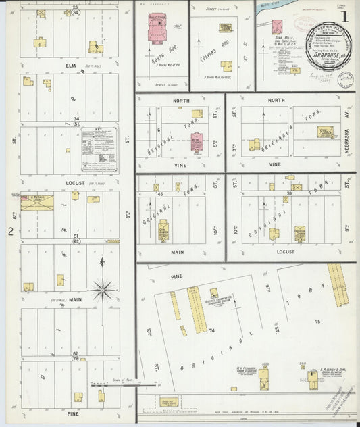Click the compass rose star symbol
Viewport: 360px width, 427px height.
[103, 291]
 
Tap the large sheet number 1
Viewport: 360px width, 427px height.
[345, 16]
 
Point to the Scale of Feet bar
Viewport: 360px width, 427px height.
[107, 386]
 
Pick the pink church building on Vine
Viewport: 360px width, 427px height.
[196, 144]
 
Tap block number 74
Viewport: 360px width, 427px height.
[211, 330]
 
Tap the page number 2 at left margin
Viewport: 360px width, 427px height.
[11, 232]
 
